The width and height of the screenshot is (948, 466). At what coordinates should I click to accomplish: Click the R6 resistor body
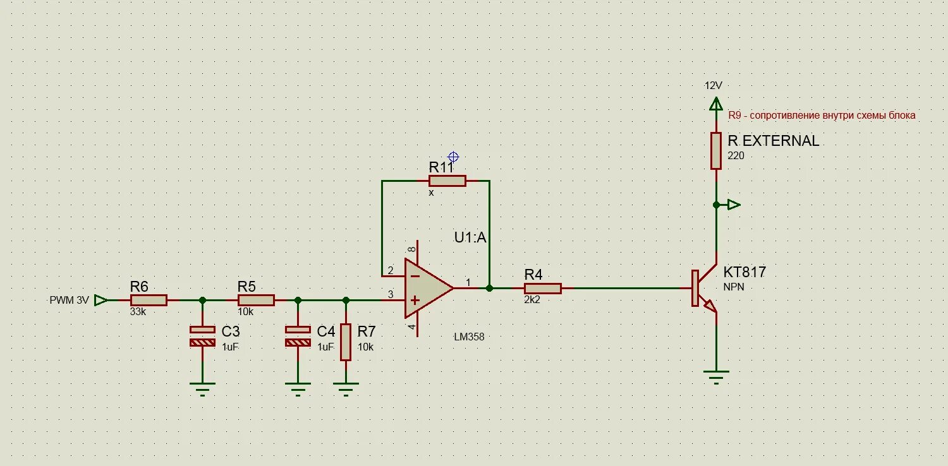[149, 301]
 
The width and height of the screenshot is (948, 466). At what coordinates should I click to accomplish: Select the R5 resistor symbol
[256, 301]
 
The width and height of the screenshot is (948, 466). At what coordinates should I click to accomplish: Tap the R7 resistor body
[346, 342]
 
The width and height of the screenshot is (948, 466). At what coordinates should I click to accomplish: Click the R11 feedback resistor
[447, 181]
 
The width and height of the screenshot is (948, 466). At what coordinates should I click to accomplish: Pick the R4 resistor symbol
[542, 289]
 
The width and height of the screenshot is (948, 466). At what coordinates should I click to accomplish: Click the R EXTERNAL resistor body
[716, 151]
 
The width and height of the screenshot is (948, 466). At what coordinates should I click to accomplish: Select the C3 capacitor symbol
[202, 336]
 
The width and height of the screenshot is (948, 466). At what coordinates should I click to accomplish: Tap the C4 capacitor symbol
[298, 336]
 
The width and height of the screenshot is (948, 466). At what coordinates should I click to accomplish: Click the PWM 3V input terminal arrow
[100, 301]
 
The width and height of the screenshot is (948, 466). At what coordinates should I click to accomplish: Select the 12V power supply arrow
[716, 104]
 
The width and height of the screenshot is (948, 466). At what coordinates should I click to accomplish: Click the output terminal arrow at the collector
[733, 205]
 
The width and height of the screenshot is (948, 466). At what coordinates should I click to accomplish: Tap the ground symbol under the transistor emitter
[716, 377]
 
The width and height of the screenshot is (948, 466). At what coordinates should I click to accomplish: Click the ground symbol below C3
[202, 386]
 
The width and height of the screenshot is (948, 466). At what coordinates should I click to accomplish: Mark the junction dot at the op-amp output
[490, 289]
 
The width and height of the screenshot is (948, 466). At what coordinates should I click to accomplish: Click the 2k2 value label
[533, 301]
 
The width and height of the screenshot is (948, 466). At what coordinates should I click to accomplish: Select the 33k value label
[138, 312]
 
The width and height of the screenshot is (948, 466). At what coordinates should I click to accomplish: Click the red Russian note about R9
[822, 116]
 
